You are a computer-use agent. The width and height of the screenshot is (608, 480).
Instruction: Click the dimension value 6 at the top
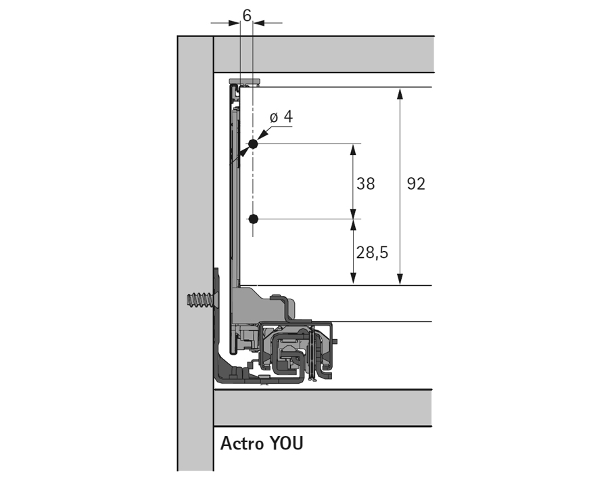coord(247,14)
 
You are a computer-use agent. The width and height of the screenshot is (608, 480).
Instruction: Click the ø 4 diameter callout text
coord(281,117)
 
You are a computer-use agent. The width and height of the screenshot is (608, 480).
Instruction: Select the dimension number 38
coord(365,183)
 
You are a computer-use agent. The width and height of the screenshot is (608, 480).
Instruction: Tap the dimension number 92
coord(416,183)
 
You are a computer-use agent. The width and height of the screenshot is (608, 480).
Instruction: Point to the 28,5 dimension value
coord(372,253)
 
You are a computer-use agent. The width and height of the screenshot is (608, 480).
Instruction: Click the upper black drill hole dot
coord(253,144)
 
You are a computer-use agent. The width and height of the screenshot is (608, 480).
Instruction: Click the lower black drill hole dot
coord(253,219)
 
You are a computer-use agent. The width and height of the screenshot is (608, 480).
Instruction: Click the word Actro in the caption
coord(242,444)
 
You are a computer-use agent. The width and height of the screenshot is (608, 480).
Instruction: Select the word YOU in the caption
coord(286,444)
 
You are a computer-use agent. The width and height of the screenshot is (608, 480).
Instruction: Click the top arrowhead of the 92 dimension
coord(400,93)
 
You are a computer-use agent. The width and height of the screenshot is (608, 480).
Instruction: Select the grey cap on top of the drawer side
coord(245,80)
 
